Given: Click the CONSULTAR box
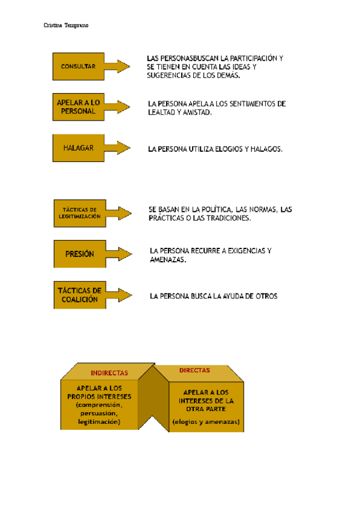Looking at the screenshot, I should (78, 66).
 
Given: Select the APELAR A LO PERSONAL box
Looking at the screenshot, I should (78, 107).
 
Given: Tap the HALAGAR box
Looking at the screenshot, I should (78, 148).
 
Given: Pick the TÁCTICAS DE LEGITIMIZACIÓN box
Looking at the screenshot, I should (79, 213).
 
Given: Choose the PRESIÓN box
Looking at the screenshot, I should (80, 254).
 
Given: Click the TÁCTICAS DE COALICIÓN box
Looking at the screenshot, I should (79, 295).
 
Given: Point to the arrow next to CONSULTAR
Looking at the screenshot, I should (118, 66).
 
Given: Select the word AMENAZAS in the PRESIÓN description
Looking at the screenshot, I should (168, 260).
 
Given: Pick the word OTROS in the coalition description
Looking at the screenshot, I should (265, 296).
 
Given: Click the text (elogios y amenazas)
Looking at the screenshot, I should (206, 421).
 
